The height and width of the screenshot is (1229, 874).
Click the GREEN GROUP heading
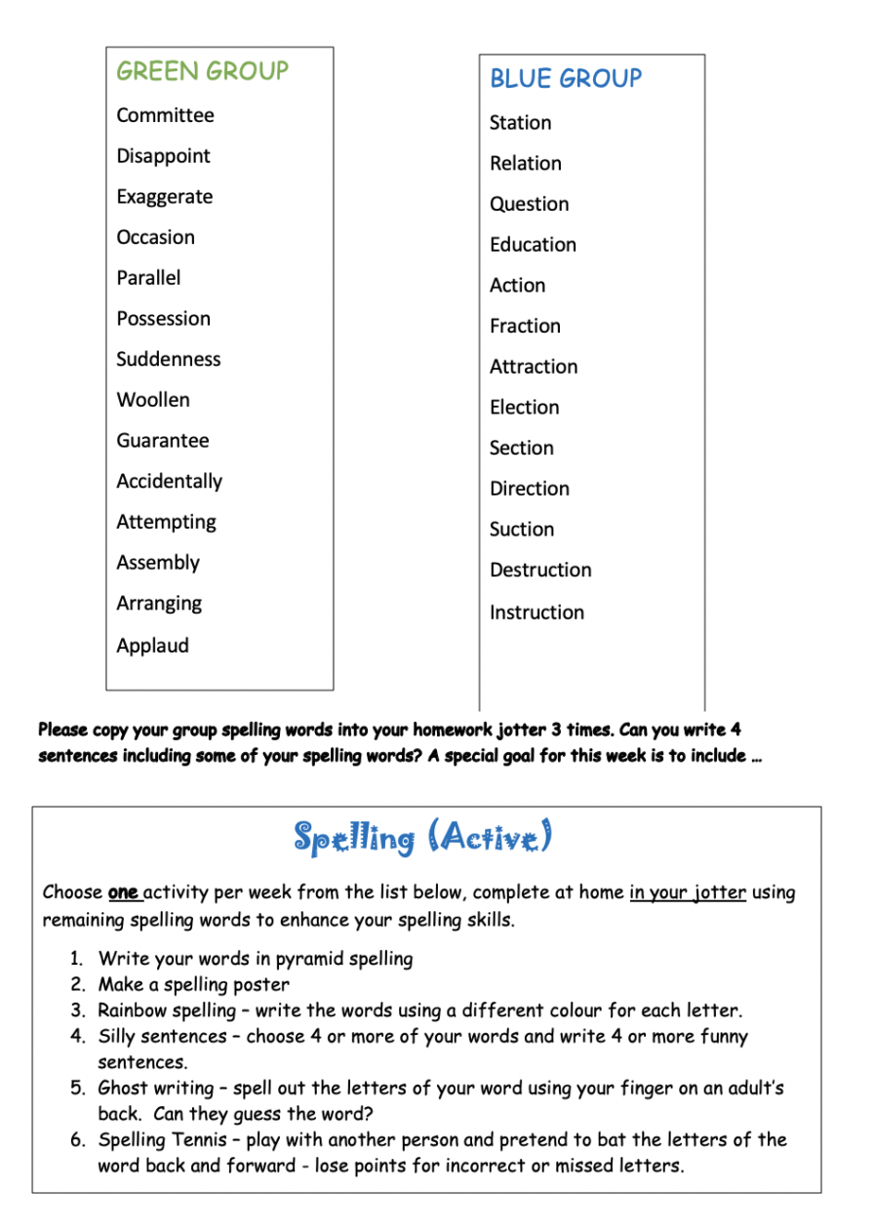coord(203,71)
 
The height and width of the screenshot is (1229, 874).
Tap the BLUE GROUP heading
coord(566,79)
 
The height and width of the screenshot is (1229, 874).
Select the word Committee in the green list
coord(165,115)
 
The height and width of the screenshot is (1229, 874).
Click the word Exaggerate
coord(164,197)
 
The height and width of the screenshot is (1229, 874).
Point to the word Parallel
coord(148,278)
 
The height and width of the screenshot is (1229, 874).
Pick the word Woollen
coord(153,400)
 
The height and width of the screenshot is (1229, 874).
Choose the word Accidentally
coord(169,482)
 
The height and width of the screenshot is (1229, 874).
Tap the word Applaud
coord(152,646)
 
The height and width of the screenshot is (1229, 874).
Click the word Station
coord(520,123)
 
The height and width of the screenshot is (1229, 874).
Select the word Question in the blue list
coord(529,205)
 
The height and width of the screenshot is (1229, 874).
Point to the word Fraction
coord(525,327)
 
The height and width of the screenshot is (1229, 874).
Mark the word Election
coord(524,408)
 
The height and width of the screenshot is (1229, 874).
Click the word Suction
coord(522,530)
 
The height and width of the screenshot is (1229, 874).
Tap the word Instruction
coord(536,613)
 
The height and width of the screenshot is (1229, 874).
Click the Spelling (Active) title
coord(423,837)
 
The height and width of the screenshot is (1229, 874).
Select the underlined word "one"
coord(123,892)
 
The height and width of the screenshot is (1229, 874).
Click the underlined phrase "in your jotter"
coord(688,892)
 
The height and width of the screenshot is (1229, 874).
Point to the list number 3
coord(77,1011)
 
